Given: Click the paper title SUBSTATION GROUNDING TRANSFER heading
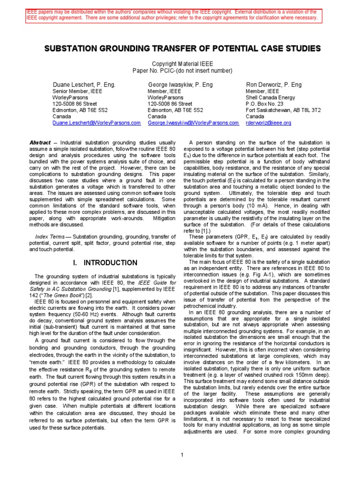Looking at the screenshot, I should (x=182, y=49).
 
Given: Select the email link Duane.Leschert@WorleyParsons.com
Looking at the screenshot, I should (x=96, y=123).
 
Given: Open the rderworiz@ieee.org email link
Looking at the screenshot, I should (x=269, y=123).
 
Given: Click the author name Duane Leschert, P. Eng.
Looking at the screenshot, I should (x=83, y=85).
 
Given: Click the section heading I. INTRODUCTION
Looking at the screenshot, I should (x=105, y=262).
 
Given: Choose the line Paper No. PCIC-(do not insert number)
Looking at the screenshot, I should (x=182, y=70).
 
